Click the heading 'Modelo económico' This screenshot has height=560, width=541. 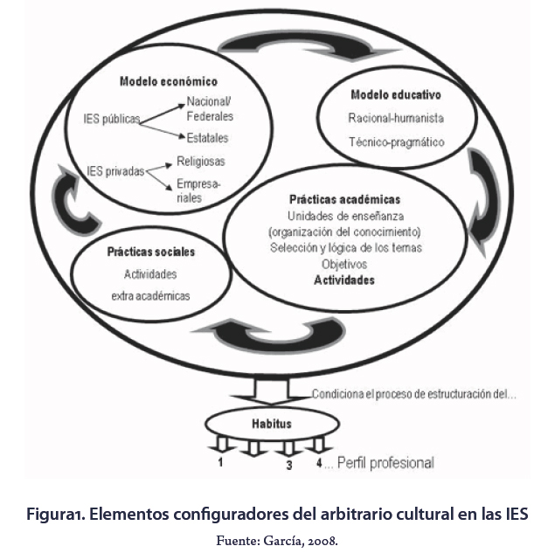(x=168, y=82)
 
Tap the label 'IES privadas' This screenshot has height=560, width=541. (x=115, y=171)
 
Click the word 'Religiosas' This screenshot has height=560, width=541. (x=200, y=162)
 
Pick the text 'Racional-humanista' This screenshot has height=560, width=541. (x=396, y=117)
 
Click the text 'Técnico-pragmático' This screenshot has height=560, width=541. (x=396, y=142)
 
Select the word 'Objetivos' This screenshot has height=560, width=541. (x=344, y=264)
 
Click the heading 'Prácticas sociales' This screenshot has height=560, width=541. (x=151, y=252)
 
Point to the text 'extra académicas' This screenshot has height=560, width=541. (x=150, y=295)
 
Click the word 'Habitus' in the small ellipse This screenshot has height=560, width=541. (x=272, y=424)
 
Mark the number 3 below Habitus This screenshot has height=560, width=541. (x=288, y=466)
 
